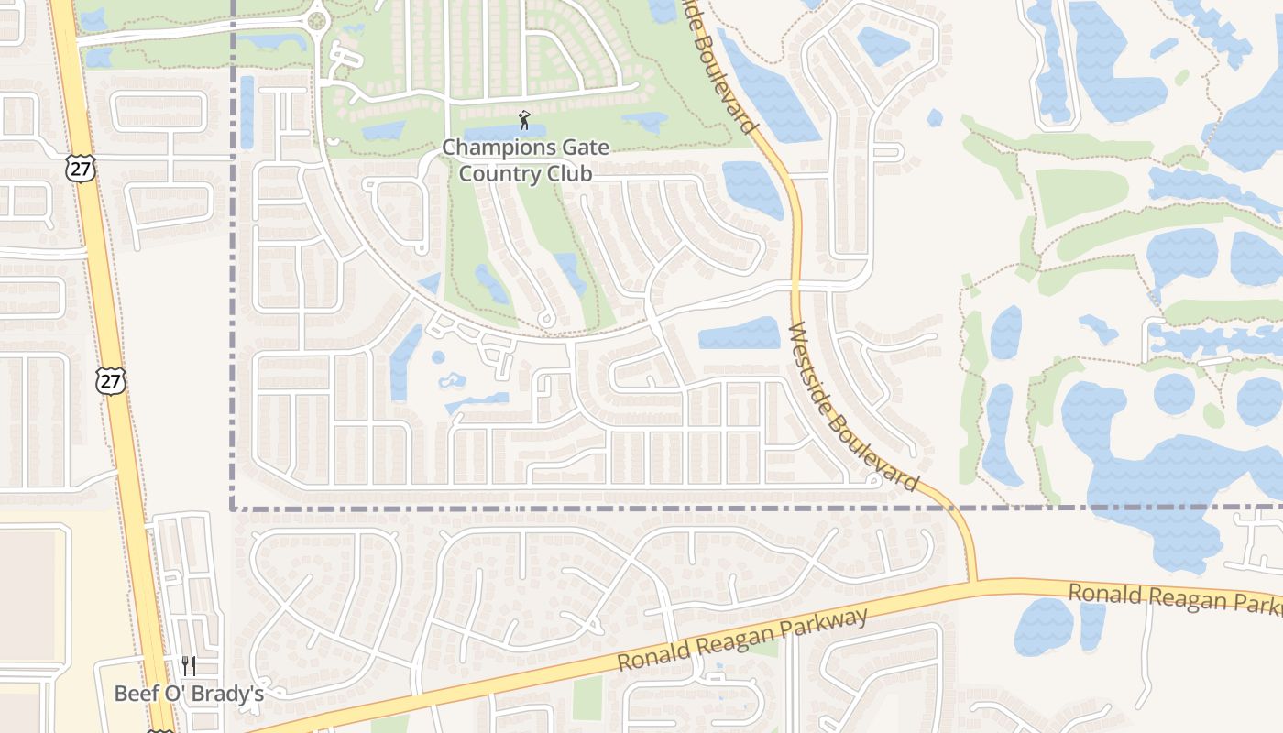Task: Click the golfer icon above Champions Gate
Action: [x=524, y=120]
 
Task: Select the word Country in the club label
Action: [x=500, y=172]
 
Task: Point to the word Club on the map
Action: [x=571, y=172]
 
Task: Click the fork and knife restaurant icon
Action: [x=189, y=665]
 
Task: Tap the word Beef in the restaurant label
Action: [x=135, y=694]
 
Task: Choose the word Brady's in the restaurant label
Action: [x=231, y=694]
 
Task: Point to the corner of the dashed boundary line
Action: [x=232, y=507]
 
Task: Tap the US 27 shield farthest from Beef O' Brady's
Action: [x=81, y=168]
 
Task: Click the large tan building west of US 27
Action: [x=27, y=596]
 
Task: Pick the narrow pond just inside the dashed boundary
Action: [x=247, y=112]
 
